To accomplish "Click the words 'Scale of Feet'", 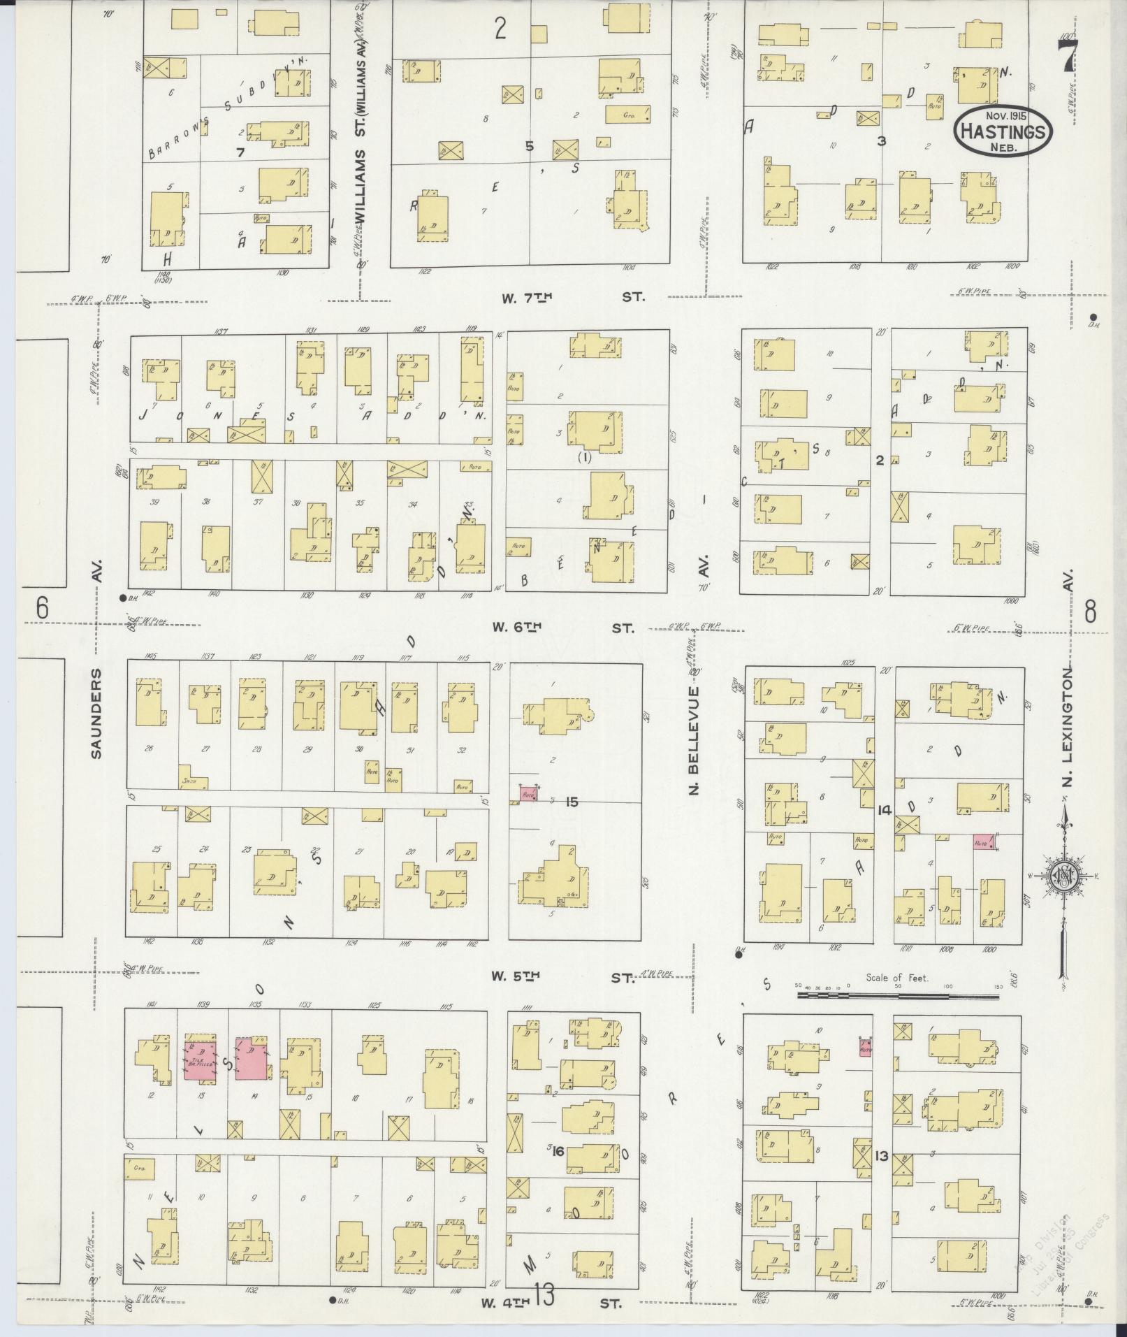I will pyautogui.click(x=897, y=978).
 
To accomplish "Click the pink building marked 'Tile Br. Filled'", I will pyautogui.click(x=200, y=1061).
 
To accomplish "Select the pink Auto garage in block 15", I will pyautogui.click(x=529, y=794).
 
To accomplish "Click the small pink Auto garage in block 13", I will pyautogui.click(x=866, y=1049).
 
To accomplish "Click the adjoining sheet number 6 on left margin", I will pyautogui.click(x=43, y=609).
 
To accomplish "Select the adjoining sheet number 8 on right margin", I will pyautogui.click(x=1089, y=612).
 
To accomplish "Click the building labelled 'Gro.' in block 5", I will pyautogui.click(x=627, y=113).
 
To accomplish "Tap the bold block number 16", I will pyautogui.click(x=558, y=1150).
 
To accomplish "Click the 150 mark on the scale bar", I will pyautogui.click(x=998, y=987).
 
